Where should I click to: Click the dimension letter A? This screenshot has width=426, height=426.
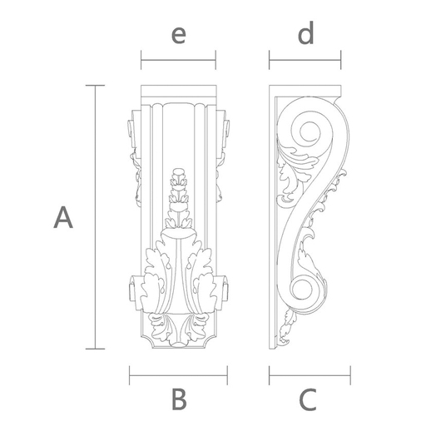[63, 219]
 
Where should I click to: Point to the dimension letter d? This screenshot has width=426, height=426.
[306, 34]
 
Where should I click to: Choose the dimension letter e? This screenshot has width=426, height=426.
[177, 35]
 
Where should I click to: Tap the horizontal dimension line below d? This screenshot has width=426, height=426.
[305, 60]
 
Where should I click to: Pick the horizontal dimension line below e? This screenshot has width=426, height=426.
[178, 60]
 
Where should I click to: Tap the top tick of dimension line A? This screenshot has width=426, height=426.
[97, 86]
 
